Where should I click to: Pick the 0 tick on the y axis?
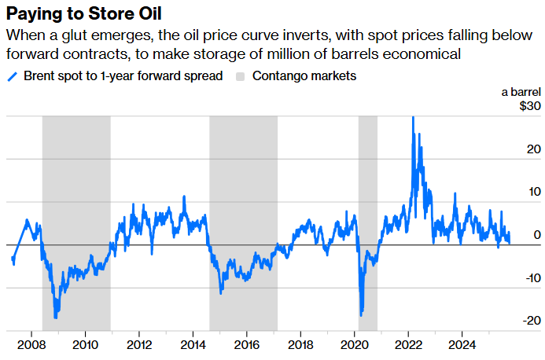click(x=536, y=234)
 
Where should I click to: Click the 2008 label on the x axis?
click(x=31, y=344)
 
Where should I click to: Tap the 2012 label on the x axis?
click(x=139, y=344)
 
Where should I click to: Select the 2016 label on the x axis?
click(x=247, y=344)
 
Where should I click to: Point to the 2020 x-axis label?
click(x=355, y=344)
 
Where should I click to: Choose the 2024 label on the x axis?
click(x=462, y=344)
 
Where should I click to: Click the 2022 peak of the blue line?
click(x=413, y=118)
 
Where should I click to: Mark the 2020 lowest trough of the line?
click(x=361, y=315)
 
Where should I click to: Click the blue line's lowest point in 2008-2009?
click(x=56, y=318)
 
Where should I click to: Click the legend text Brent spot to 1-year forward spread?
click(x=123, y=76)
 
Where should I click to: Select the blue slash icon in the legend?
click(x=12, y=76)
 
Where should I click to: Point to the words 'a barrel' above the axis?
click(x=521, y=92)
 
